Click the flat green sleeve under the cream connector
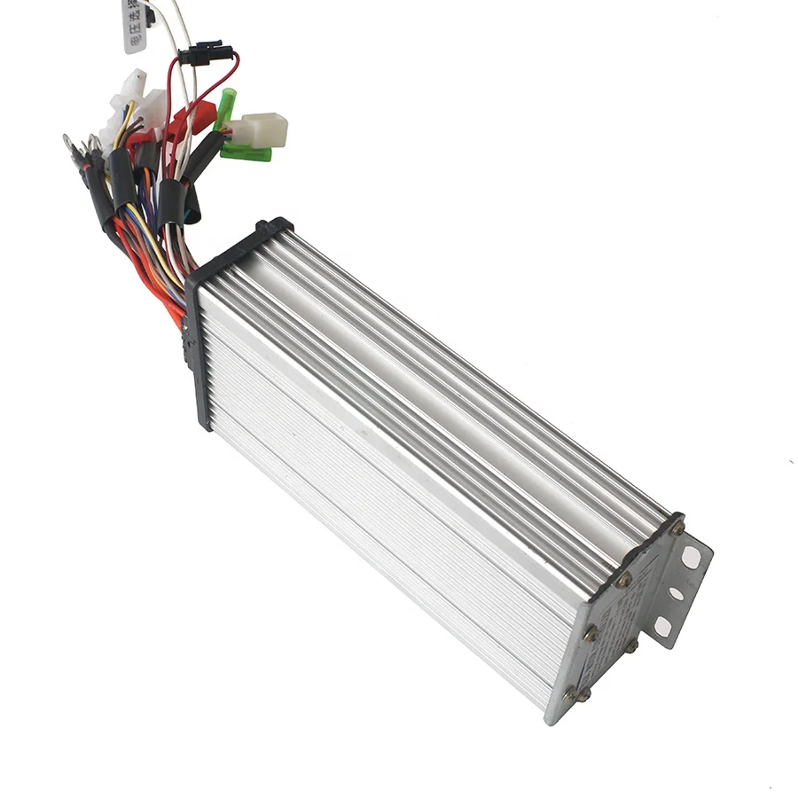[x=246, y=152]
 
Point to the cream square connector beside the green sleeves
[x=263, y=129]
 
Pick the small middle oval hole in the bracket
[x=677, y=592]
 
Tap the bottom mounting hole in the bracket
[x=662, y=629]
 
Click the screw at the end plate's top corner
[x=677, y=528]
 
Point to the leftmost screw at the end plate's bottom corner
[x=568, y=696]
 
